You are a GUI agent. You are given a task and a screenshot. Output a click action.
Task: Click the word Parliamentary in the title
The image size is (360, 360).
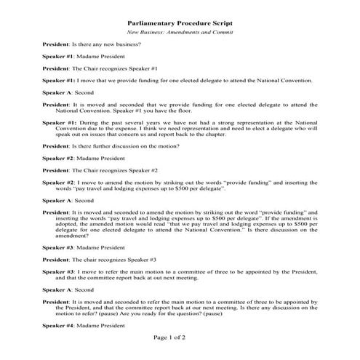(151, 23)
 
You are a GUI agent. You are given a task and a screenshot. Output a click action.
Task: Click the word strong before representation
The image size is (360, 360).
(231, 124)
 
